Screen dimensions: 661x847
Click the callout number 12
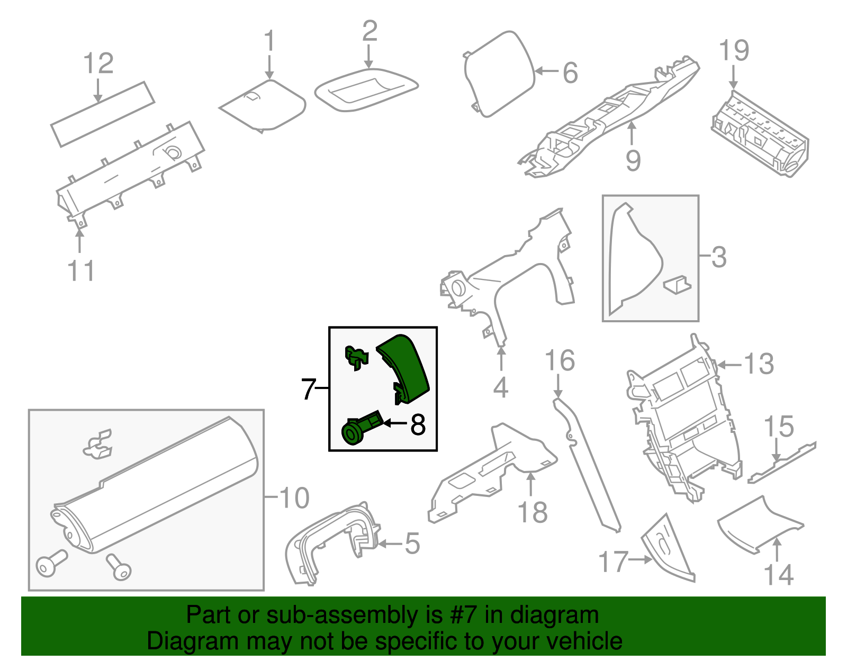(98, 64)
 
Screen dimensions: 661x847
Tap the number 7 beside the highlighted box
(309, 390)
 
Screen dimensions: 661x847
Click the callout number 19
(734, 51)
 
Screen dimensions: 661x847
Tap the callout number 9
(633, 160)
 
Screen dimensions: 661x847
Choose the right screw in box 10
(119, 567)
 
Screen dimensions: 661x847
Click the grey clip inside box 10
(98, 444)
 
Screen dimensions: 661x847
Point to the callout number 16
(560, 361)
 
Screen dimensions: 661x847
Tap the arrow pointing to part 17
(641, 559)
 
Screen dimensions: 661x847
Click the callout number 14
(778, 575)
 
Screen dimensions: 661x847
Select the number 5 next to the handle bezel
(412, 544)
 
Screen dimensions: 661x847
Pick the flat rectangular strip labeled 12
(103, 114)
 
